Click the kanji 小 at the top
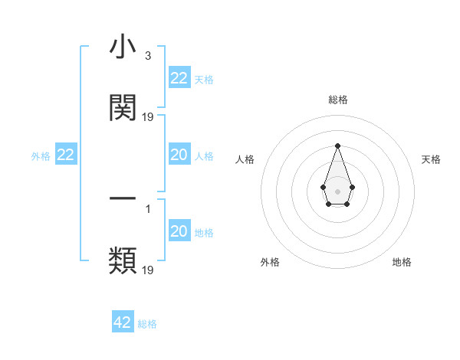point(123,48)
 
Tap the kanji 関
point(123,108)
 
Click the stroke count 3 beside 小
point(148,56)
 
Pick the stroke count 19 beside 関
point(148,117)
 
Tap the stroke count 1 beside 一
point(148,206)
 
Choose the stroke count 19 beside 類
point(148,270)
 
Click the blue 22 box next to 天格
point(179,78)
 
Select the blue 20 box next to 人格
point(179,155)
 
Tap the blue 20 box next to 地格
point(179,231)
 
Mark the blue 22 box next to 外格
point(66,155)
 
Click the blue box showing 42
point(123,322)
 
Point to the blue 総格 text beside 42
point(147,324)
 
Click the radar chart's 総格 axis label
point(337,100)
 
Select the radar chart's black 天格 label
point(431,159)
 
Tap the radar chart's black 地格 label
point(402,262)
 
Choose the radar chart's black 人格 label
point(245,159)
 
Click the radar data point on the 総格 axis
point(337,146)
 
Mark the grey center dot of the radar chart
point(337,190)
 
